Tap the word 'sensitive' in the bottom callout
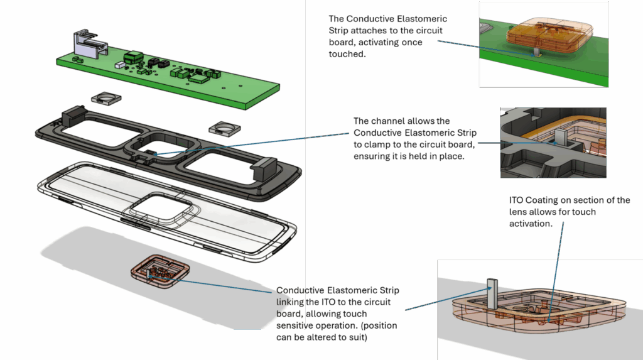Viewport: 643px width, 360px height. (x=297, y=327)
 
